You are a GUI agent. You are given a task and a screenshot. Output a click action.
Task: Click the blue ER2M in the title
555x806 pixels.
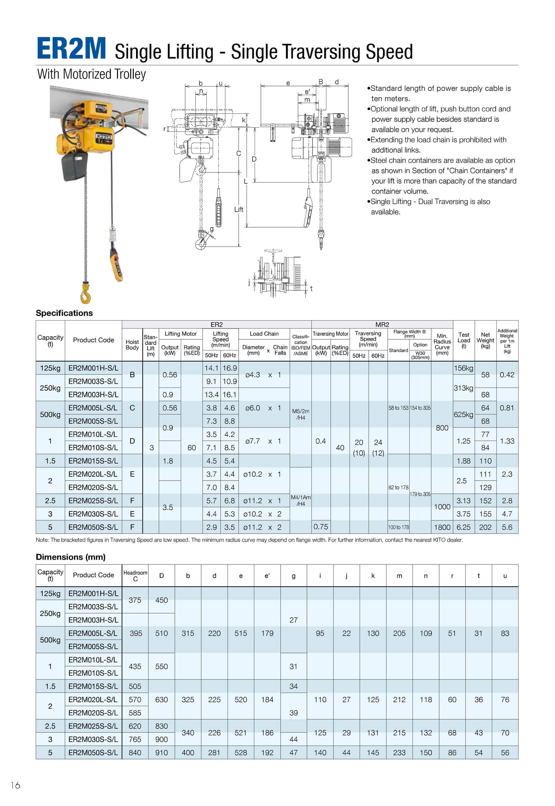pos(71,49)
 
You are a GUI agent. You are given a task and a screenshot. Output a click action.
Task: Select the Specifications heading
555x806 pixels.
pos(64,313)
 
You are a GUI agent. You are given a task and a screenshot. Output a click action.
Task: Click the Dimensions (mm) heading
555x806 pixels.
pos(71,557)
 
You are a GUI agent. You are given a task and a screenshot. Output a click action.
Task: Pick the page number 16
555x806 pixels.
pos(16,785)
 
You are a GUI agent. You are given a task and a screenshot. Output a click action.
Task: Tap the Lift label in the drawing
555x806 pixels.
pos(239,210)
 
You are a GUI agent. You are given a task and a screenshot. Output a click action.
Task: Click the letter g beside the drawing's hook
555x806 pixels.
pos(212,229)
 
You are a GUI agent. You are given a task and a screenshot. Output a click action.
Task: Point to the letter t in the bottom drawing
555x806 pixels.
pos(311,288)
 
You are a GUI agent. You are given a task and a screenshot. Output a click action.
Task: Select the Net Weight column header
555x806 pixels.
pos(485,340)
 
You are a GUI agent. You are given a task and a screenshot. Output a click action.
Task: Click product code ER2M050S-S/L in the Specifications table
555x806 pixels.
pos(93,527)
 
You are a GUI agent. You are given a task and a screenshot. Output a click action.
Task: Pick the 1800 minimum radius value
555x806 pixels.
pos(442,527)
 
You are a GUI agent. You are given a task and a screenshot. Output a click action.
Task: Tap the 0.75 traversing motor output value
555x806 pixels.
pos(321,527)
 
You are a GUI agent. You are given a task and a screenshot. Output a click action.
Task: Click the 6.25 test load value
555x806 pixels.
pos(463,527)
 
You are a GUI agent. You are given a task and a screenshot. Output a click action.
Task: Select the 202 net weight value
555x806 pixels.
pos(485,527)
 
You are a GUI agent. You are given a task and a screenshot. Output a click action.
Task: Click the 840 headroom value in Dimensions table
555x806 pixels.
pos(135,753)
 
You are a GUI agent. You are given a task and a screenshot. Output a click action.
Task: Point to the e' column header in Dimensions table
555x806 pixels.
pos(267,576)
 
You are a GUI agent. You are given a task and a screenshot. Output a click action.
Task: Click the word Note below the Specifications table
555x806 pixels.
pos(42,540)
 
